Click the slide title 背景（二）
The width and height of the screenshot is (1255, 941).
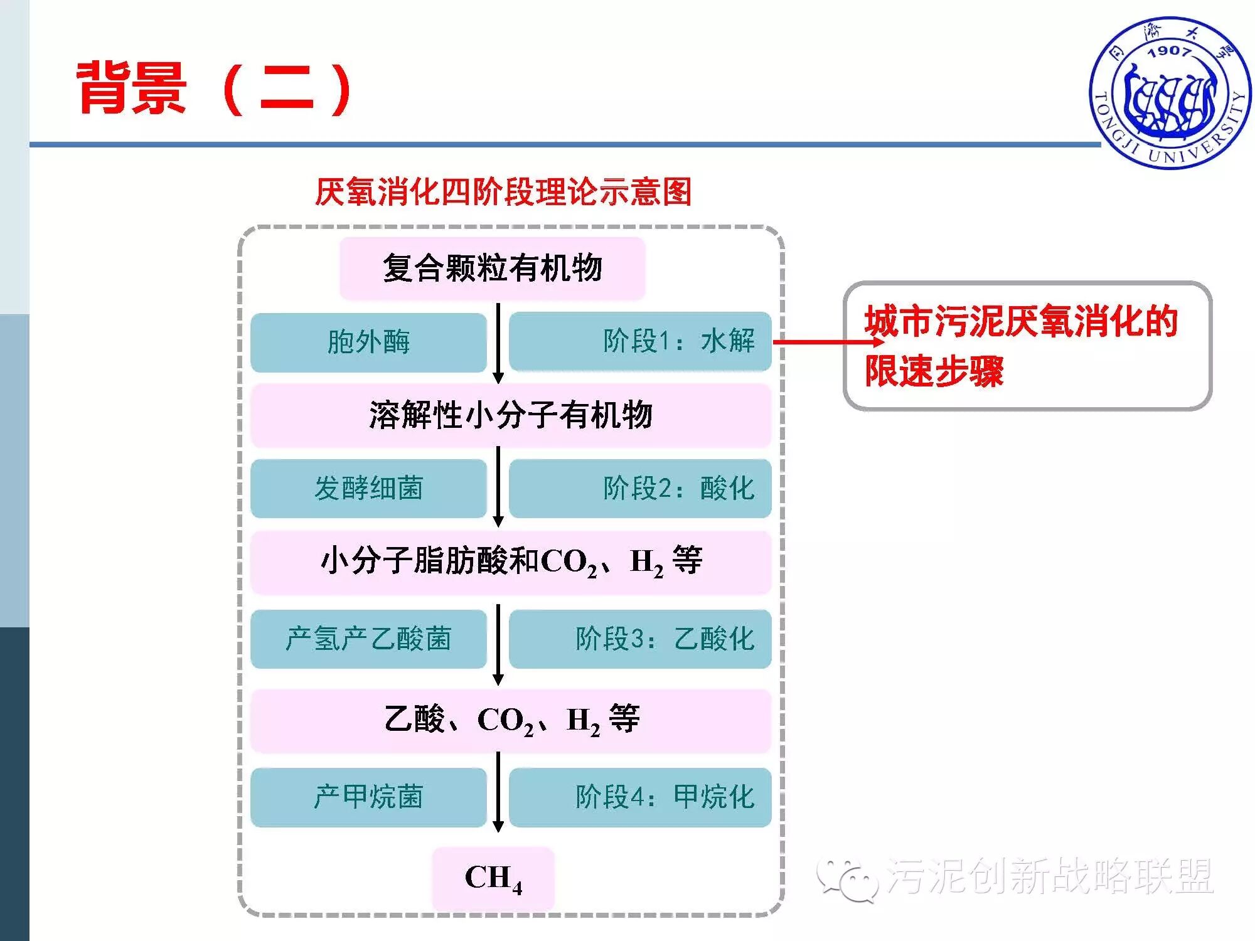[213, 89]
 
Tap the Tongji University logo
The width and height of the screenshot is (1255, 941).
[1170, 93]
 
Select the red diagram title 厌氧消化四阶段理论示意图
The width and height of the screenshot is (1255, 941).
[503, 192]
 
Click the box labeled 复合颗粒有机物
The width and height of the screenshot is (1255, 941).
[493, 268]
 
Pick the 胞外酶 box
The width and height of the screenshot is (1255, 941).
[368, 342]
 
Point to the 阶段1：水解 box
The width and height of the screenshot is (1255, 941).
[640, 342]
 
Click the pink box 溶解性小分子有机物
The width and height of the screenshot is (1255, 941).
[511, 415]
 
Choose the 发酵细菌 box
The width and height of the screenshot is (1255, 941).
[368, 489]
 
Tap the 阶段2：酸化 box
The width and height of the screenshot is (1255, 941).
[640, 489]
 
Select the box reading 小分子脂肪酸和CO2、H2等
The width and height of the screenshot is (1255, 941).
[511, 562]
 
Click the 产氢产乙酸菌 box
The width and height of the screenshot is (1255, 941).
[368, 639]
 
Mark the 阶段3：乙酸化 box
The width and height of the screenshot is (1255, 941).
[640, 639]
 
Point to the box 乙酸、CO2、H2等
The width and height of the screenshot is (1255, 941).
[511, 720]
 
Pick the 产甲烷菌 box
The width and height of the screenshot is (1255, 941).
[368, 797]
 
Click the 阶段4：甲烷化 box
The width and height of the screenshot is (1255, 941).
[640, 797]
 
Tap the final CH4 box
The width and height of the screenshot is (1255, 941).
[493, 878]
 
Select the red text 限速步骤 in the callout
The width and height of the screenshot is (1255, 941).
[934, 371]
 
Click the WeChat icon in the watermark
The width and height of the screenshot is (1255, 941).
[847, 878]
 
